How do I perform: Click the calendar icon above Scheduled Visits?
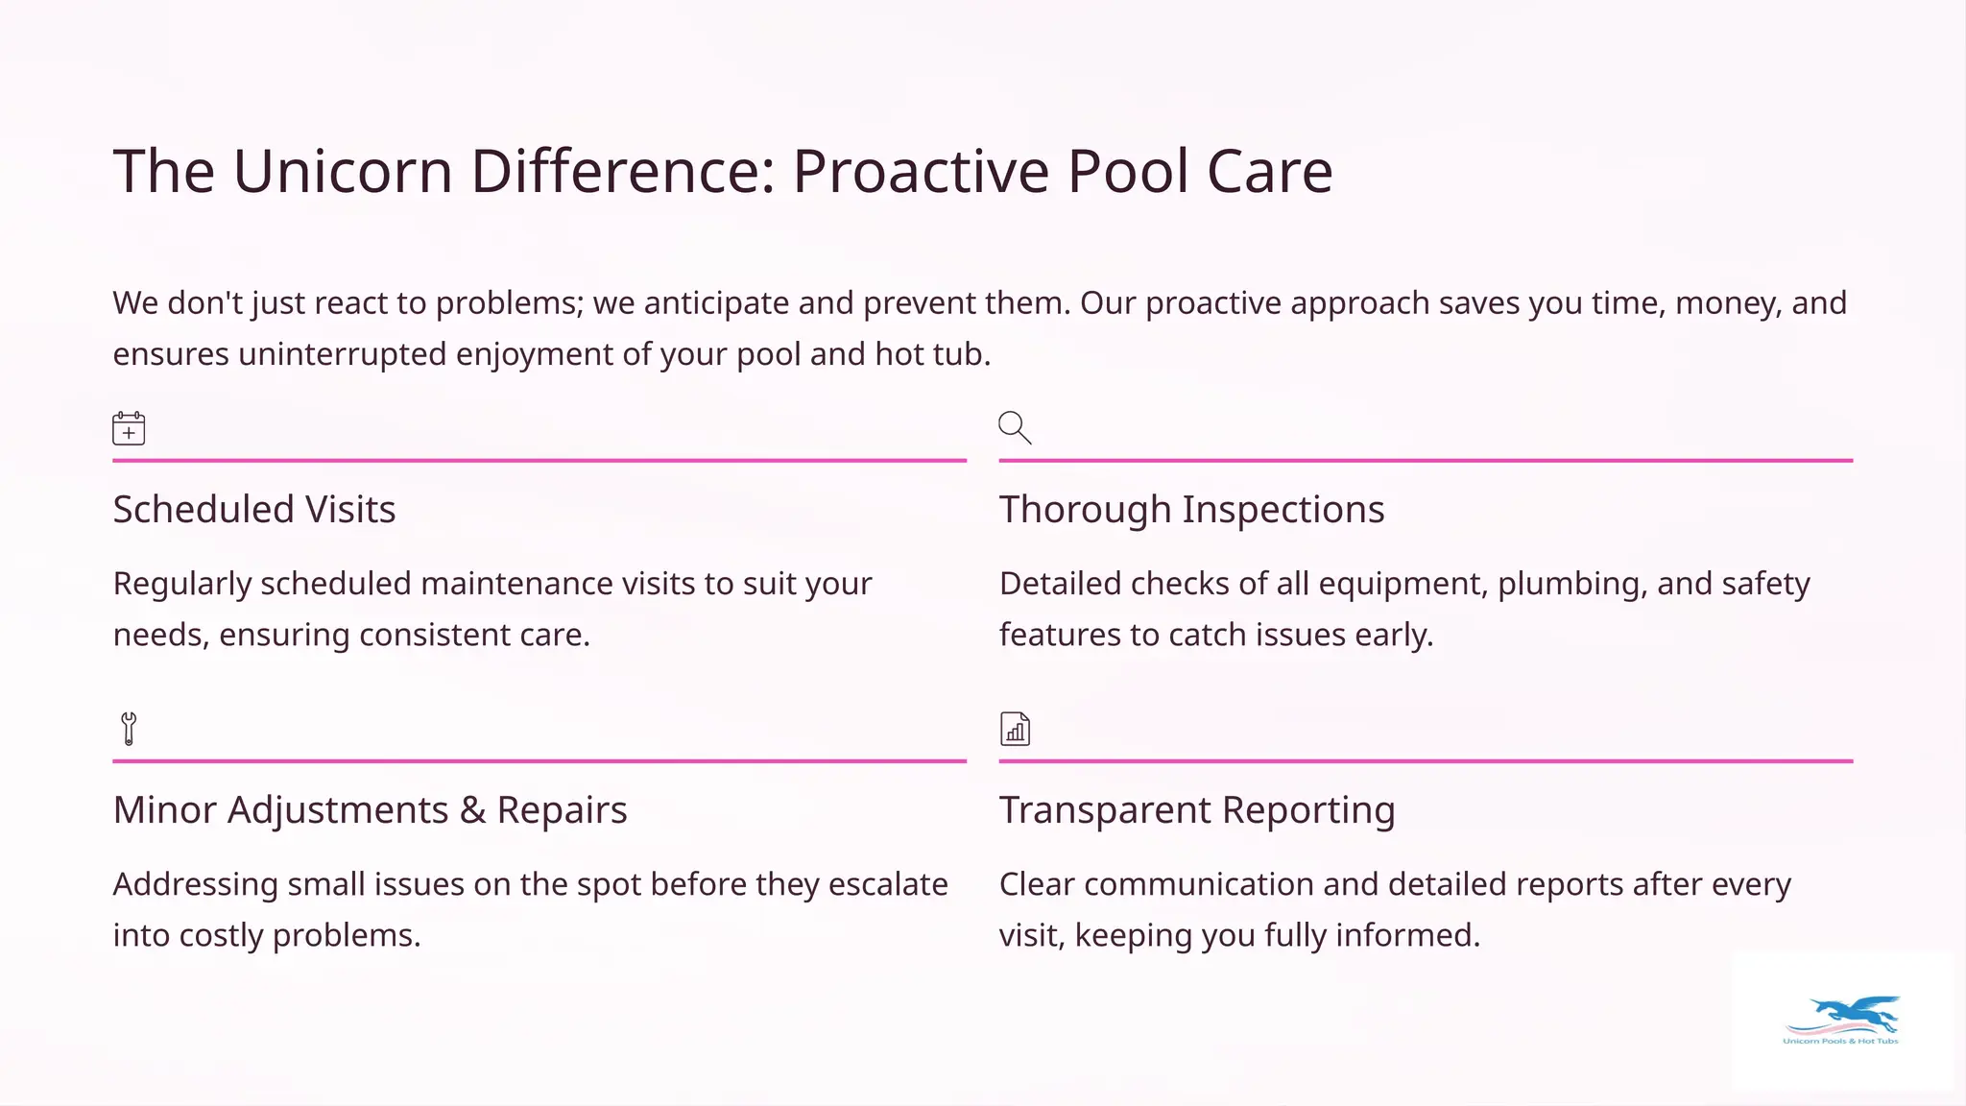(129, 428)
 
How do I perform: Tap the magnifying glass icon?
(1015, 427)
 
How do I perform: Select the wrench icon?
(129, 729)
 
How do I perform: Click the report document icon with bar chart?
(1015, 729)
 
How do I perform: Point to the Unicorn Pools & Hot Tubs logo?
(1841, 1022)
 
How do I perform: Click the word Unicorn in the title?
(343, 172)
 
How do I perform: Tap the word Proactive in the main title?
(922, 172)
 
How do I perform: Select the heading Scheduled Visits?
(254, 510)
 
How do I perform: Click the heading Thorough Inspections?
(1191, 510)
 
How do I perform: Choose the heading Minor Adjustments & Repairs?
(370, 810)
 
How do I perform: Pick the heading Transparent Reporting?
(1196, 810)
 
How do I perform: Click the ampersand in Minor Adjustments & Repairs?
(472, 810)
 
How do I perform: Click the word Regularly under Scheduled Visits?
(181, 585)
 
